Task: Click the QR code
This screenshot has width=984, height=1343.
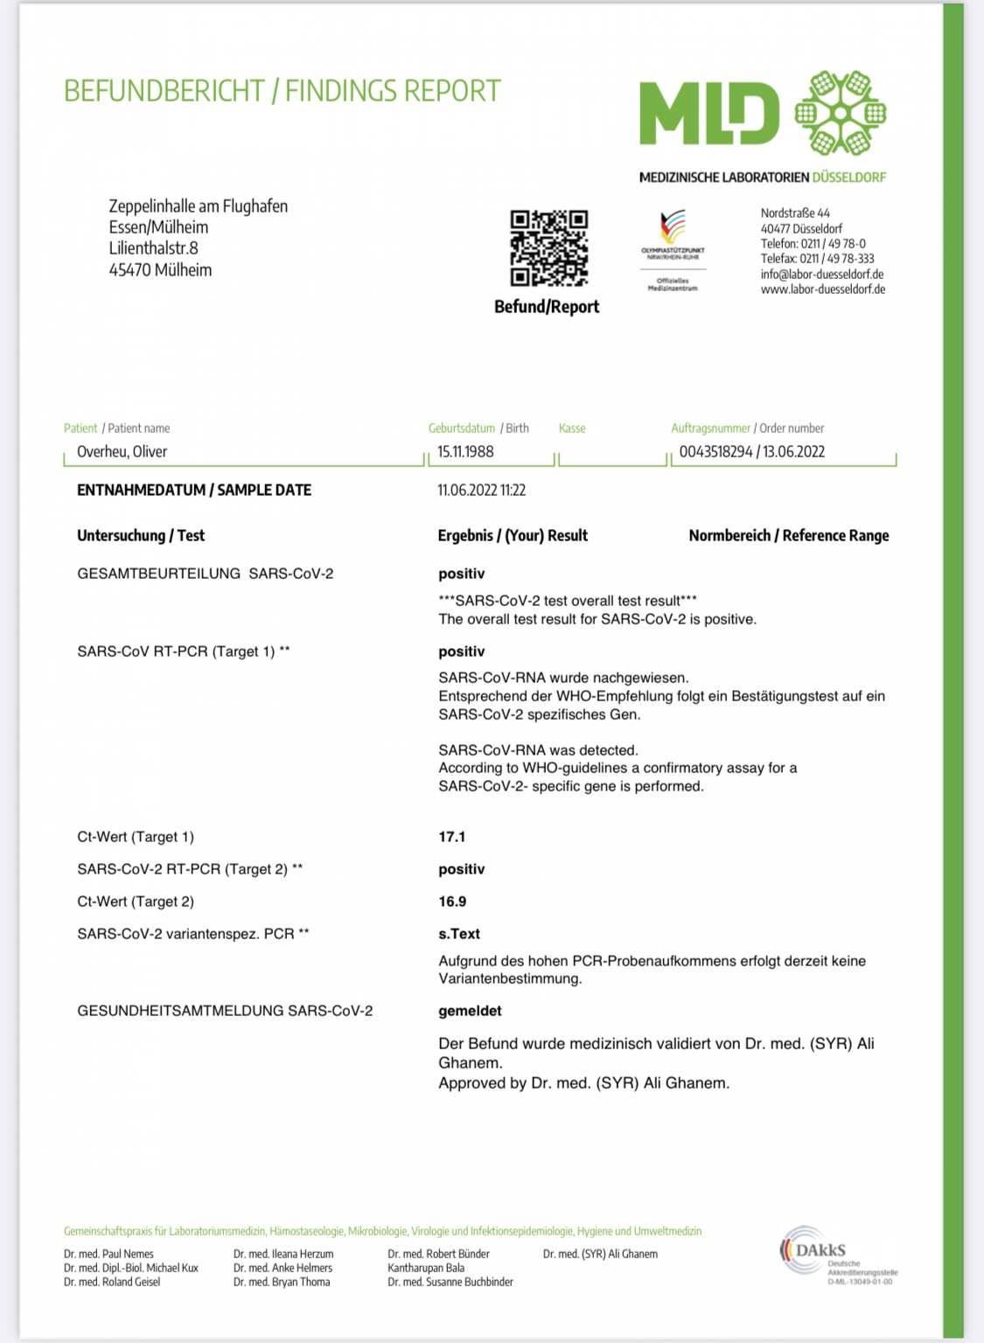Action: pyautogui.click(x=548, y=247)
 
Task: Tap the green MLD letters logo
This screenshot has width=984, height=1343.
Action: pyautogui.click(x=708, y=114)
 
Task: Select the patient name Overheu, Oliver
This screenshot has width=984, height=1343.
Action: pyautogui.click(x=122, y=452)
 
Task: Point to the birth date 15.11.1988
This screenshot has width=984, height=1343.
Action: pyautogui.click(x=465, y=452)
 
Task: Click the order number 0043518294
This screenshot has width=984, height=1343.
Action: pyautogui.click(x=715, y=452)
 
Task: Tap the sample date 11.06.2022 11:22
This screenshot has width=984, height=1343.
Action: pyautogui.click(x=481, y=491)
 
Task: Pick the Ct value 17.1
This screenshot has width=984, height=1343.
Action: pyautogui.click(x=452, y=837)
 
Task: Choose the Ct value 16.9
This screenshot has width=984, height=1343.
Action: pyautogui.click(x=452, y=901)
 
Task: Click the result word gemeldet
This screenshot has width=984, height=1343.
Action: pyautogui.click(x=470, y=1011)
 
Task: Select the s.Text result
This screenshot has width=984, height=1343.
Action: pyautogui.click(x=459, y=934)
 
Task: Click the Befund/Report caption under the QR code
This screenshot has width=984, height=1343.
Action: pyautogui.click(x=547, y=307)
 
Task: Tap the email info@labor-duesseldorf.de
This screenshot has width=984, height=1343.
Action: pyautogui.click(x=822, y=274)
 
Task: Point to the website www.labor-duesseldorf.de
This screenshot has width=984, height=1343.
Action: pyautogui.click(x=822, y=289)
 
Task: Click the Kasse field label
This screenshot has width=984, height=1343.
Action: pyautogui.click(x=572, y=428)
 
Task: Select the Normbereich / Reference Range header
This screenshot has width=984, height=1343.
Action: pyautogui.click(x=788, y=536)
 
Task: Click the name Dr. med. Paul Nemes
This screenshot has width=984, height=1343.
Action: pyautogui.click(x=108, y=1254)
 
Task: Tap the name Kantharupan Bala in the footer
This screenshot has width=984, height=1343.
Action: pyautogui.click(x=426, y=1268)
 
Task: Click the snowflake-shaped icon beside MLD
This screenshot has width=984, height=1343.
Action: pyautogui.click(x=840, y=114)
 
